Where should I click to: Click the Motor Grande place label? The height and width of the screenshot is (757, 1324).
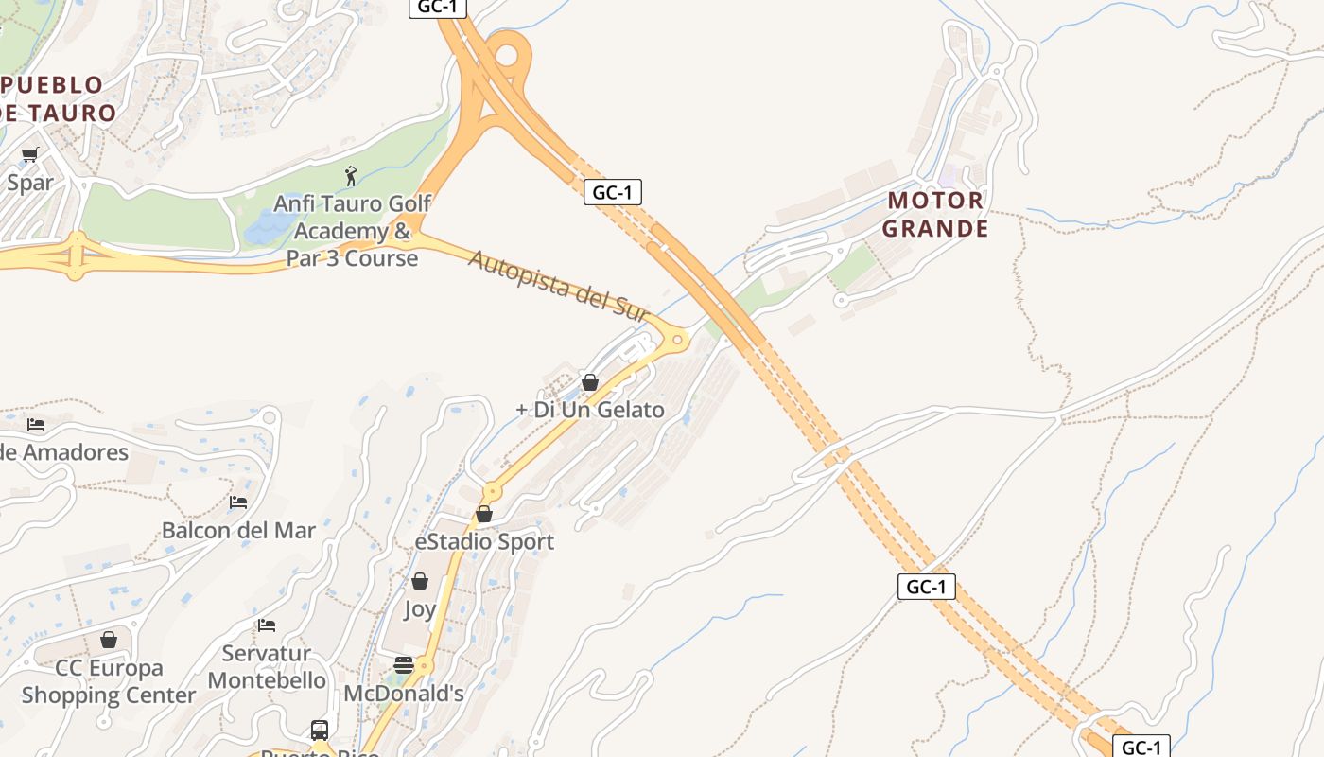tap(934, 215)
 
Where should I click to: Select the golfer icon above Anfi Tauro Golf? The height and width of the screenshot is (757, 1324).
tap(351, 176)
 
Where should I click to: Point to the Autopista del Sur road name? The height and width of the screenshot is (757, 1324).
tap(558, 285)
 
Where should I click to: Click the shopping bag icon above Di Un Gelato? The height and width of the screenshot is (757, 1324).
tap(590, 382)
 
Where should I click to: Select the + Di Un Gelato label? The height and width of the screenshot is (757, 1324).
tap(590, 410)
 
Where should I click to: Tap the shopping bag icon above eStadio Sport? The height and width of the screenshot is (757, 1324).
tap(484, 514)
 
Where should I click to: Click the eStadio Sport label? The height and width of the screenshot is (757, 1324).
tap(484, 541)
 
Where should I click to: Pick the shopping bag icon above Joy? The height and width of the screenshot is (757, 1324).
tap(420, 581)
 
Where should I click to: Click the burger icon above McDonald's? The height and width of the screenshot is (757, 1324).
tap(404, 665)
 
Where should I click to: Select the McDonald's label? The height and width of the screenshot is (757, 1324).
tap(404, 694)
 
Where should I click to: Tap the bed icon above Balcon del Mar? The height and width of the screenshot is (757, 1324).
tap(238, 502)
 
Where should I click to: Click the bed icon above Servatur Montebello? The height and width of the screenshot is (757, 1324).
tap(267, 625)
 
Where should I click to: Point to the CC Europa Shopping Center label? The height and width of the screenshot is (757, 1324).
tap(109, 681)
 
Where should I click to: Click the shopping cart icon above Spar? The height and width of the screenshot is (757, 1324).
tap(29, 154)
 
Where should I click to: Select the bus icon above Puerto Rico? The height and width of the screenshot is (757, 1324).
tap(320, 730)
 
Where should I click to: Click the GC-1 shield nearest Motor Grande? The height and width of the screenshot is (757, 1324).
tap(613, 192)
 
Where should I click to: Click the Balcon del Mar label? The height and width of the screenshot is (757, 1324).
tap(238, 530)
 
